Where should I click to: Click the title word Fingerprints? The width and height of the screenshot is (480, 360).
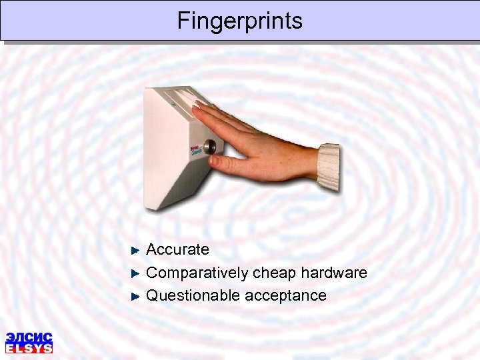[x=239, y=21]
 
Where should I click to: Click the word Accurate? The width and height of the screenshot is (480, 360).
[x=177, y=250]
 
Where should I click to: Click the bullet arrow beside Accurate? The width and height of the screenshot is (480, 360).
[x=135, y=251]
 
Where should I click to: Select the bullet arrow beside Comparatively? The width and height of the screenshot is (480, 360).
[x=135, y=273]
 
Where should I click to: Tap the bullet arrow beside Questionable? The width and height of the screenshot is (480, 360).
[x=135, y=296]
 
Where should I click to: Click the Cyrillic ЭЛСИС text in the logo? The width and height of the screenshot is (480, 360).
[x=29, y=337]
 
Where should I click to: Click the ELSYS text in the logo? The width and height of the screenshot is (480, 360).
[x=29, y=348]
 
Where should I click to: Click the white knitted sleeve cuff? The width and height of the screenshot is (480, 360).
[x=328, y=167]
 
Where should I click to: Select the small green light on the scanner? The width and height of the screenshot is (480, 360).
[x=172, y=103]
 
